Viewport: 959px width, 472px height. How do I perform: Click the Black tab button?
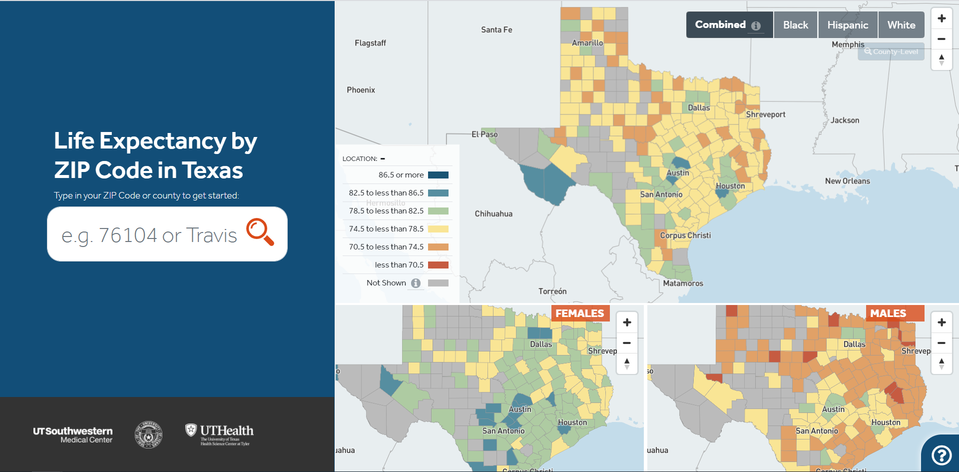pos(795,25)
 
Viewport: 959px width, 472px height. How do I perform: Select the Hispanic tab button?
pos(848,25)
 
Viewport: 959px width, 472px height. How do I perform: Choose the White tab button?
pos(901,25)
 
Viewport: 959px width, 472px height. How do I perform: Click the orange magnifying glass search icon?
pos(260,232)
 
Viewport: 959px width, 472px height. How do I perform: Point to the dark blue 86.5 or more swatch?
pos(438,175)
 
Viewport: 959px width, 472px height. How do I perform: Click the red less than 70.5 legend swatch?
pos(438,265)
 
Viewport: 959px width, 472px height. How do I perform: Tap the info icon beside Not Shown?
pos(416,283)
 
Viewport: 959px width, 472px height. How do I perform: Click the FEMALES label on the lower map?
pos(579,313)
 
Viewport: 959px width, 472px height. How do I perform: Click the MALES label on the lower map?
pos(888,313)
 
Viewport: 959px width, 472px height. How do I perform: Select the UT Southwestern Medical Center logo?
pos(73,434)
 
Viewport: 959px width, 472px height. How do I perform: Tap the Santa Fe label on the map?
pos(496,30)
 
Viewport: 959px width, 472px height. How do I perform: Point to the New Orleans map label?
pos(847,181)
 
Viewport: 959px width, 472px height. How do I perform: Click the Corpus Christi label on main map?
pos(685,235)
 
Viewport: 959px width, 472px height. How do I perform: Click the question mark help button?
pos(942,455)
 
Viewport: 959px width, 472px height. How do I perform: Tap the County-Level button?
pos(891,51)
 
